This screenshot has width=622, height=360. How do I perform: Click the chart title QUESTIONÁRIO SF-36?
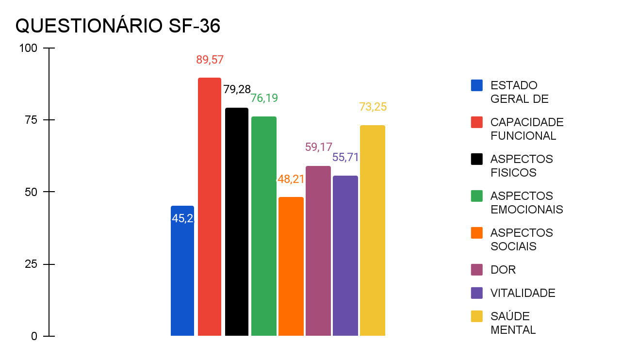(x=118, y=26)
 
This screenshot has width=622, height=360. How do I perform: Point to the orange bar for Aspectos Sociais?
(x=291, y=266)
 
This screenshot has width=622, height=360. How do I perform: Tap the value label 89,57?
(x=210, y=60)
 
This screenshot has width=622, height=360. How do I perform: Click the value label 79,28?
(x=237, y=89)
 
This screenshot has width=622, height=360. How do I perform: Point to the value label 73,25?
(x=373, y=107)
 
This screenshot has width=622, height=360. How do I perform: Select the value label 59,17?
(x=318, y=147)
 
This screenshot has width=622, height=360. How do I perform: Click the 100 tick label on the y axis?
(x=28, y=48)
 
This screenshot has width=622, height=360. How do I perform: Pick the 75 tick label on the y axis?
(x=31, y=120)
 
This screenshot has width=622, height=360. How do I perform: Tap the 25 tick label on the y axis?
(x=31, y=264)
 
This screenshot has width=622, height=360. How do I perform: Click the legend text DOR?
(x=503, y=270)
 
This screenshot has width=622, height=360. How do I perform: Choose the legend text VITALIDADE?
(x=523, y=293)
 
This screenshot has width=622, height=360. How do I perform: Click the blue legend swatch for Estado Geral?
(x=477, y=85)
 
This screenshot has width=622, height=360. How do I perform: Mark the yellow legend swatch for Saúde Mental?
(x=477, y=316)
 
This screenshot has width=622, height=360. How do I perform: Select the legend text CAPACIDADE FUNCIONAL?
(x=527, y=129)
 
